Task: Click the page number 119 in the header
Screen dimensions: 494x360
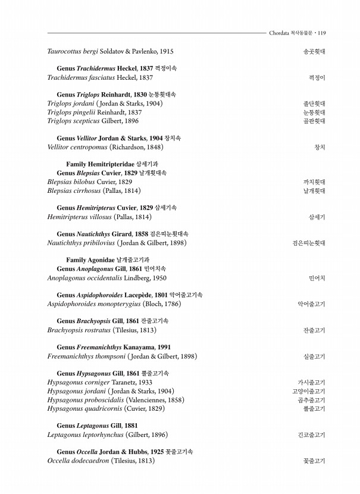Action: (x=321, y=33)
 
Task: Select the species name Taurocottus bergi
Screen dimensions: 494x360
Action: (x=71, y=52)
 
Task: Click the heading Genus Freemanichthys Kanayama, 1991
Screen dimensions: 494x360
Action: (x=114, y=347)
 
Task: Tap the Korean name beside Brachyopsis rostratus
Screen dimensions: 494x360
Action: (x=314, y=330)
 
